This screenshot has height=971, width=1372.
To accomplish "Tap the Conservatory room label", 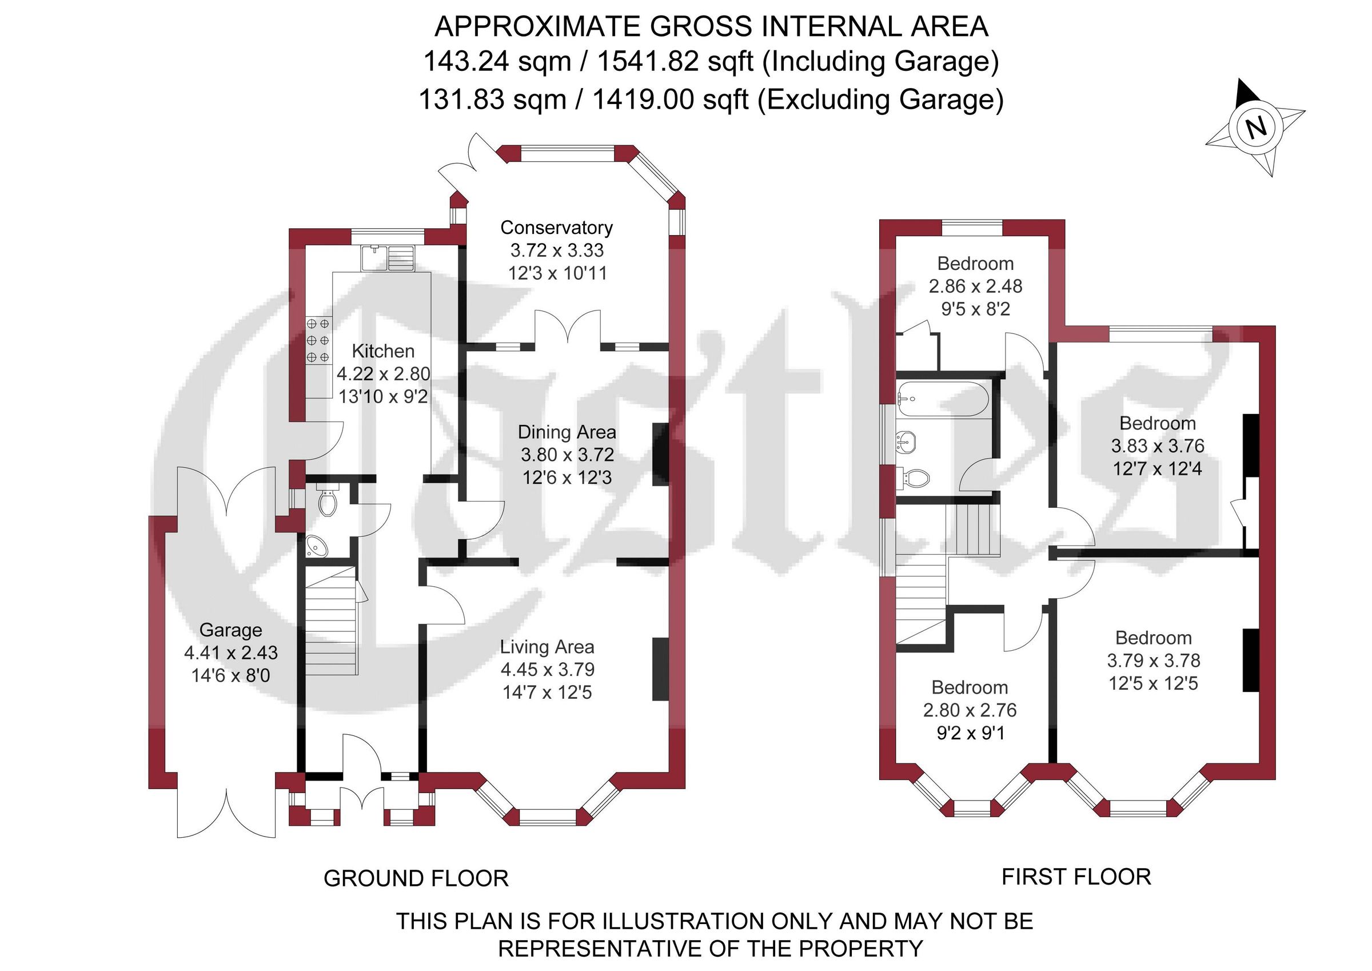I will pos(556,228).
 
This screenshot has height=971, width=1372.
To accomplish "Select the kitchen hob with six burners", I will pos(318,340).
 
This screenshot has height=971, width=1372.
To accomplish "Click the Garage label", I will pos(230,630).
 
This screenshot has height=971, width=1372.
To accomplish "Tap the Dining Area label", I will pos(567,432).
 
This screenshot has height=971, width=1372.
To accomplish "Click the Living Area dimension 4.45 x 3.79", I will pos(547,670).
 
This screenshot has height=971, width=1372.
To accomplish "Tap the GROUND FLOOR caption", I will pos(416,878).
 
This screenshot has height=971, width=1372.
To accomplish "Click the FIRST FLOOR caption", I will pos(1076,877).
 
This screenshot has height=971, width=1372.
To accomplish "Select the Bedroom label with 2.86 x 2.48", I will pos(975,264).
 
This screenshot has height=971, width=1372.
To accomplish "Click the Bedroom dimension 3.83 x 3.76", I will pos(1158,446).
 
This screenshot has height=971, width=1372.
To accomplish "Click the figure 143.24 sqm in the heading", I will pos(497,62).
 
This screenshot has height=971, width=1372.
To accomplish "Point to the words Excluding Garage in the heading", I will pos(880,100).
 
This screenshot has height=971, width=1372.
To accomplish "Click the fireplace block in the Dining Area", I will pos(660,455).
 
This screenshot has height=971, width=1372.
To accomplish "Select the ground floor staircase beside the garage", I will pos(332,622).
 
